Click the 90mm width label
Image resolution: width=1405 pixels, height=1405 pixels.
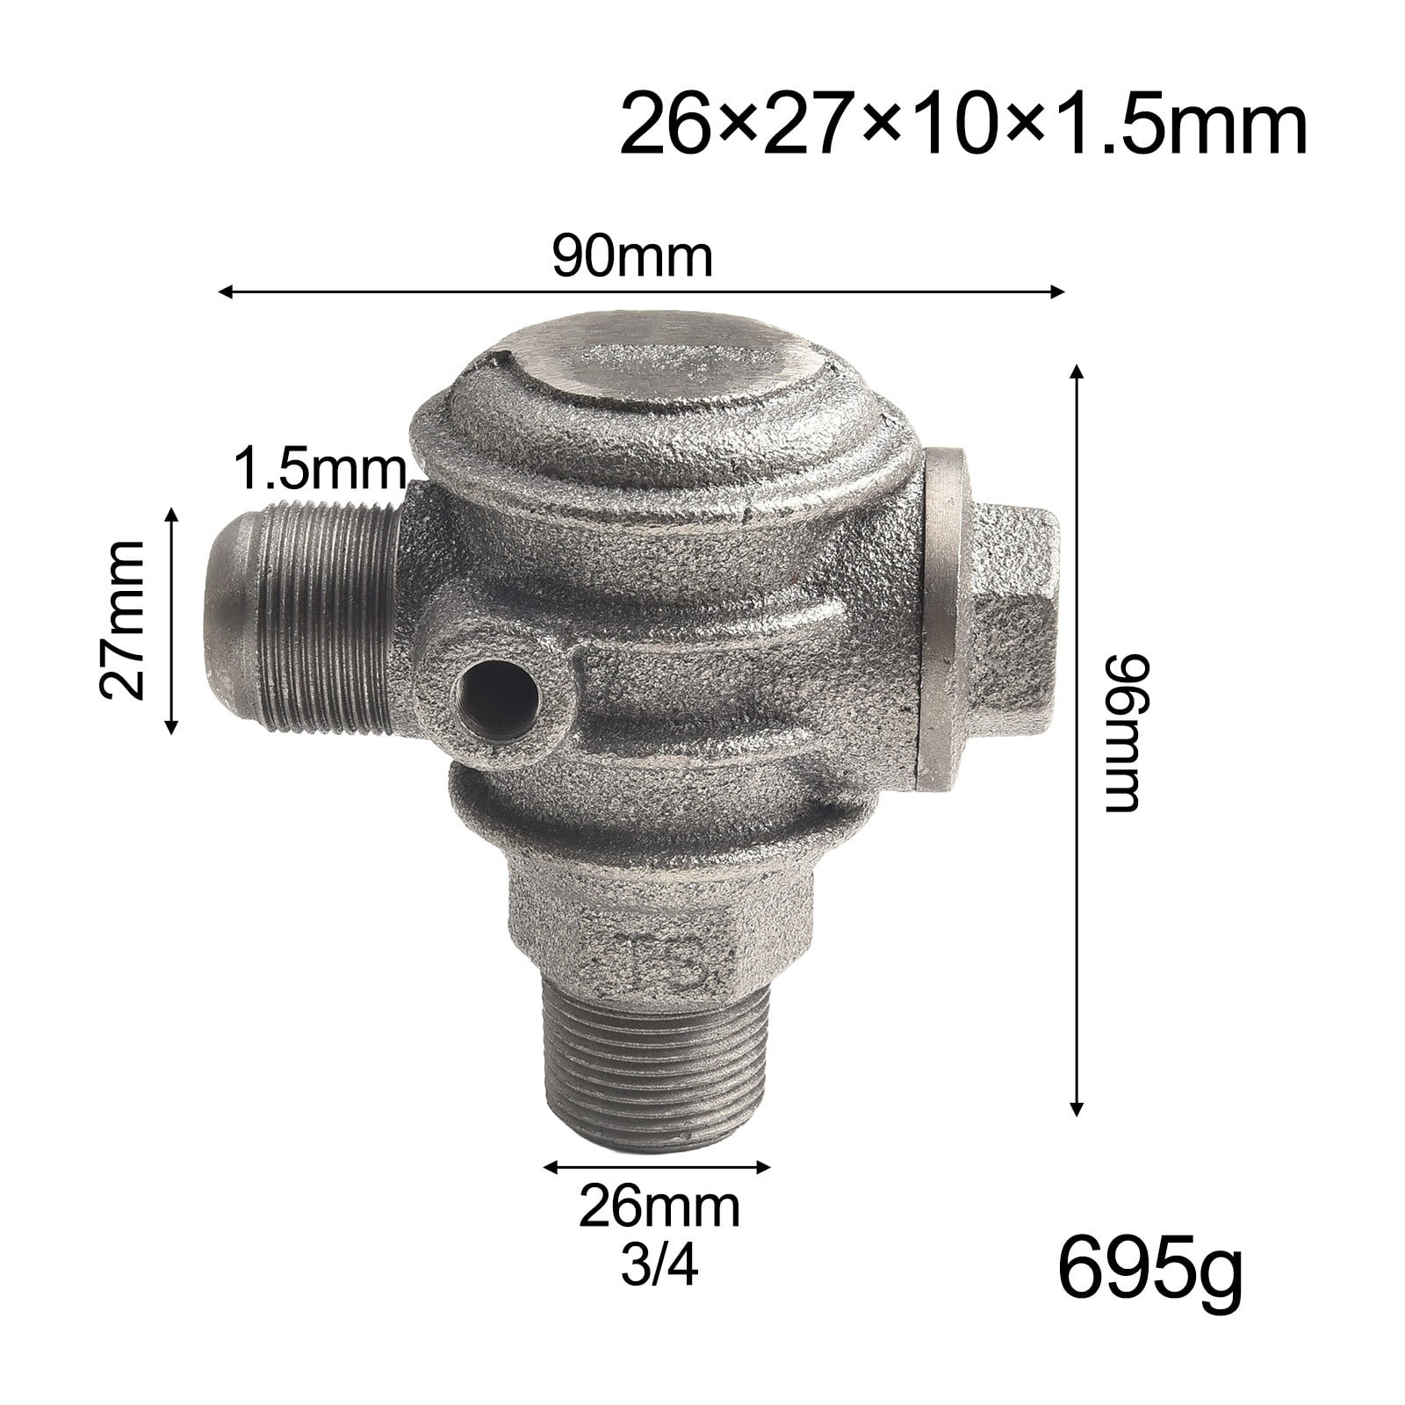pyautogui.click(x=631, y=256)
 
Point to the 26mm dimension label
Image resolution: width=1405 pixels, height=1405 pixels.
pyautogui.click(x=659, y=1208)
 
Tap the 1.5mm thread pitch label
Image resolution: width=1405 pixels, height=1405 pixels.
pyautogui.click(x=320, y=471)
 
